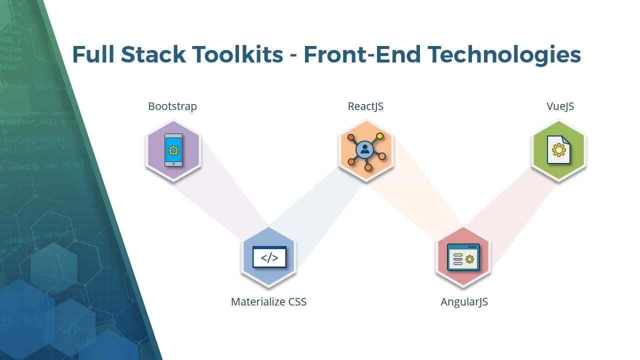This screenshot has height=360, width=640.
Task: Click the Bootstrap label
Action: click(172, 106)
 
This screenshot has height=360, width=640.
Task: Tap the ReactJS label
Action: click(365, 106)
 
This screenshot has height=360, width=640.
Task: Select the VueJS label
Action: click(560, 106)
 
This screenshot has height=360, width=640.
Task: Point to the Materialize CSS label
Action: click(268, 302)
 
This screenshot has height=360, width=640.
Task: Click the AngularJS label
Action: click(464, 302)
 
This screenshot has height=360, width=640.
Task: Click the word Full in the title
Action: click(93, 54)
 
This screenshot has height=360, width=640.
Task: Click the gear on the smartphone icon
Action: click(173, 150)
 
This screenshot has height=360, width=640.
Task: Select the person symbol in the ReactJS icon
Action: click(365, 149)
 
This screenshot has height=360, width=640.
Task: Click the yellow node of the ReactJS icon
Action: click(380, 136)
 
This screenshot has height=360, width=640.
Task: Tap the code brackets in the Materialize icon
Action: click(269, 258)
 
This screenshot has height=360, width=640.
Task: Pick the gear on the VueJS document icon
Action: click(559, 150)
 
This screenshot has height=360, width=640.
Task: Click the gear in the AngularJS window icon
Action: click(469, 259)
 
